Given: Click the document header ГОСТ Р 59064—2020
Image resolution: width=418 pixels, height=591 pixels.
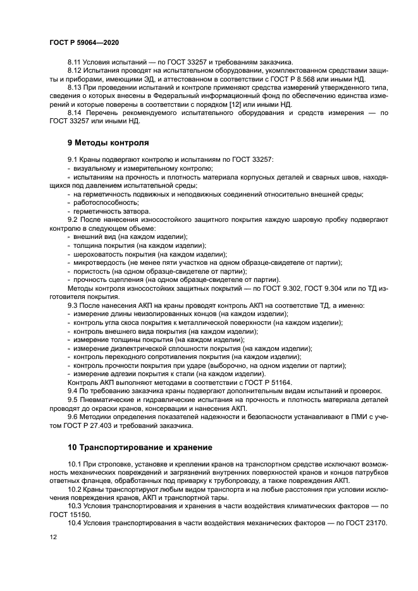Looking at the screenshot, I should (x=83, y=41).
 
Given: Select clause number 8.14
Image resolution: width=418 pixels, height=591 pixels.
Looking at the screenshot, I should (x=75, y=112).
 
